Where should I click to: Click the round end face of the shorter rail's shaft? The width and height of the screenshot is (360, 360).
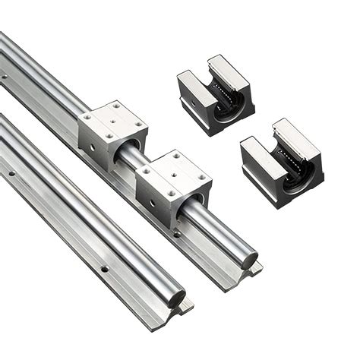(176, 297)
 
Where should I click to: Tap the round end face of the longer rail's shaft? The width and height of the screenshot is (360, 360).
(248, 261)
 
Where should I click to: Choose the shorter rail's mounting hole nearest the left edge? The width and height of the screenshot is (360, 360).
(11, 173)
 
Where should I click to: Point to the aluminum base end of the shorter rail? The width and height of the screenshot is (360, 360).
(183, 311)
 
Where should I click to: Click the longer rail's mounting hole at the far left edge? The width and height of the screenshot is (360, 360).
(5, 76)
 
